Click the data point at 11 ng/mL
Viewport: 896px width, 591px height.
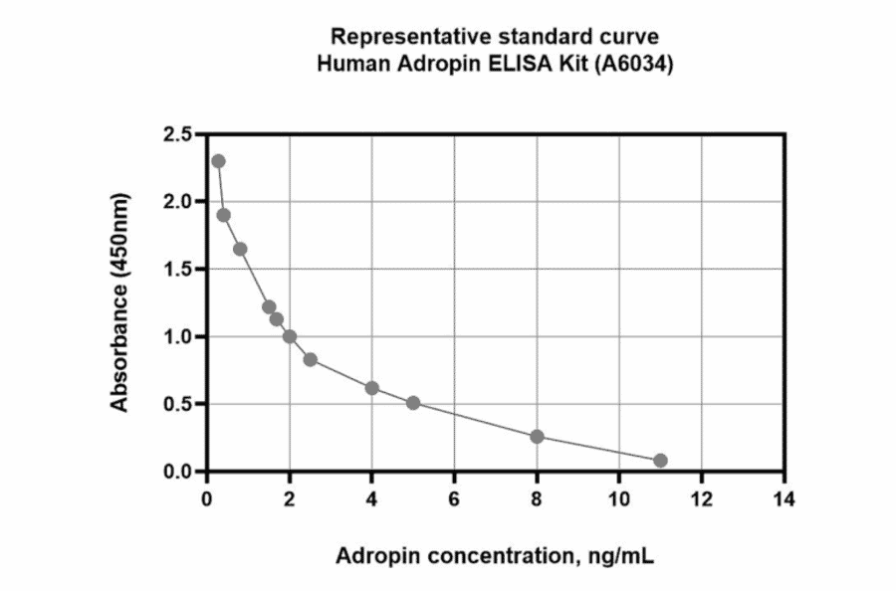point(660,461)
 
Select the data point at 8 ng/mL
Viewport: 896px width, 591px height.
point(537,437)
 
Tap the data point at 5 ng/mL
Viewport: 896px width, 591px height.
point(413,403)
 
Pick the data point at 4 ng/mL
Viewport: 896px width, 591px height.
point(372,388)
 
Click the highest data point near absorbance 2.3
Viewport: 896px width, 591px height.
point(218,161)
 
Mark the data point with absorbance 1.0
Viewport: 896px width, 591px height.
point(290,336)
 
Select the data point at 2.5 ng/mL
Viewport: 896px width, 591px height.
point(310,359)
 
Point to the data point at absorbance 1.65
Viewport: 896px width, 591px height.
point(240,249)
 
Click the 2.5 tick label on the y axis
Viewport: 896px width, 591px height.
point(179,133)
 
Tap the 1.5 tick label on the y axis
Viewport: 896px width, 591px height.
point(179,269)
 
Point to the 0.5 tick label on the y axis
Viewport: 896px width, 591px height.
point(179,404)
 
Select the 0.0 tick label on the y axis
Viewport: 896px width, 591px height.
point(179,471)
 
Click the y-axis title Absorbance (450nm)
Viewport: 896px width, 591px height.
point(120,303)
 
